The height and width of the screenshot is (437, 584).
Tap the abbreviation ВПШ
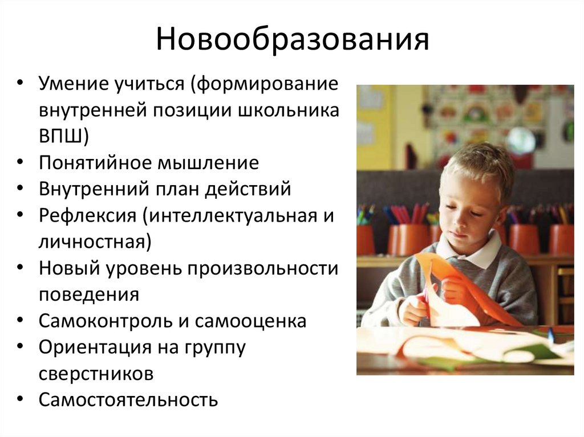[62, 137]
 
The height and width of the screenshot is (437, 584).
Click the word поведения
[89, 295]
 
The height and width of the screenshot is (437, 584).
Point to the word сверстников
[96, 374]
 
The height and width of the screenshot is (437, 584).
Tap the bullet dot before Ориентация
[21, 347]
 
